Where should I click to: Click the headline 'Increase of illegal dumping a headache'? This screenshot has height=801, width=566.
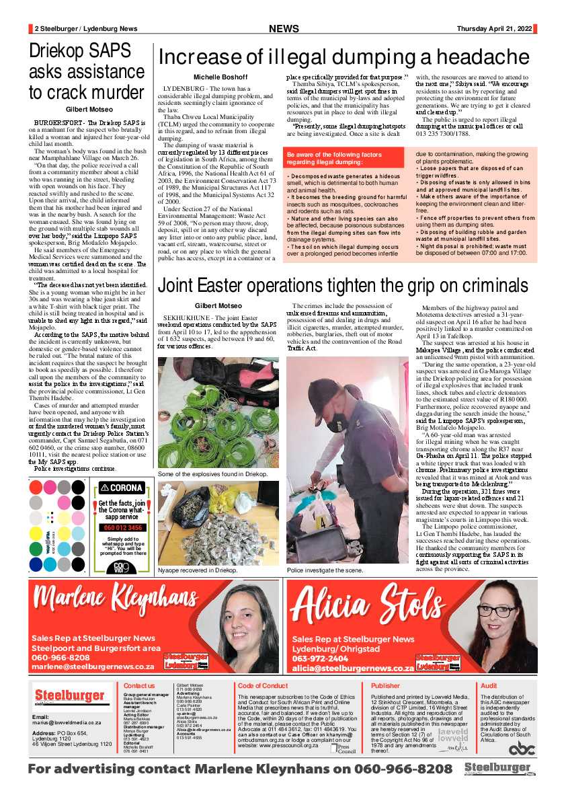(x=343, y=56)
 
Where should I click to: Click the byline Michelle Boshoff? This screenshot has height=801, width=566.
(x=216, y=77)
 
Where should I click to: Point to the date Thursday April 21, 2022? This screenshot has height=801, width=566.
(x=494, y=28)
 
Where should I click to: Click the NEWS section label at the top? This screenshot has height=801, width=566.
(x=284, y=29)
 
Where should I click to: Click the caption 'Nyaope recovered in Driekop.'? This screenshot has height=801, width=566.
(x=198, y=570)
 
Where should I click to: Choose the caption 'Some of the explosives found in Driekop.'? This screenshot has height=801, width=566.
(x=212, y=474)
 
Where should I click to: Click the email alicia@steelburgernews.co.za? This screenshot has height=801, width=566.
(x=352, y=669)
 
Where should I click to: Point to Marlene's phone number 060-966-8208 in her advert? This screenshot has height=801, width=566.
(x=60, y=657)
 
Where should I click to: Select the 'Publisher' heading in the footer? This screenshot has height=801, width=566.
(x=385, y=685)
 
